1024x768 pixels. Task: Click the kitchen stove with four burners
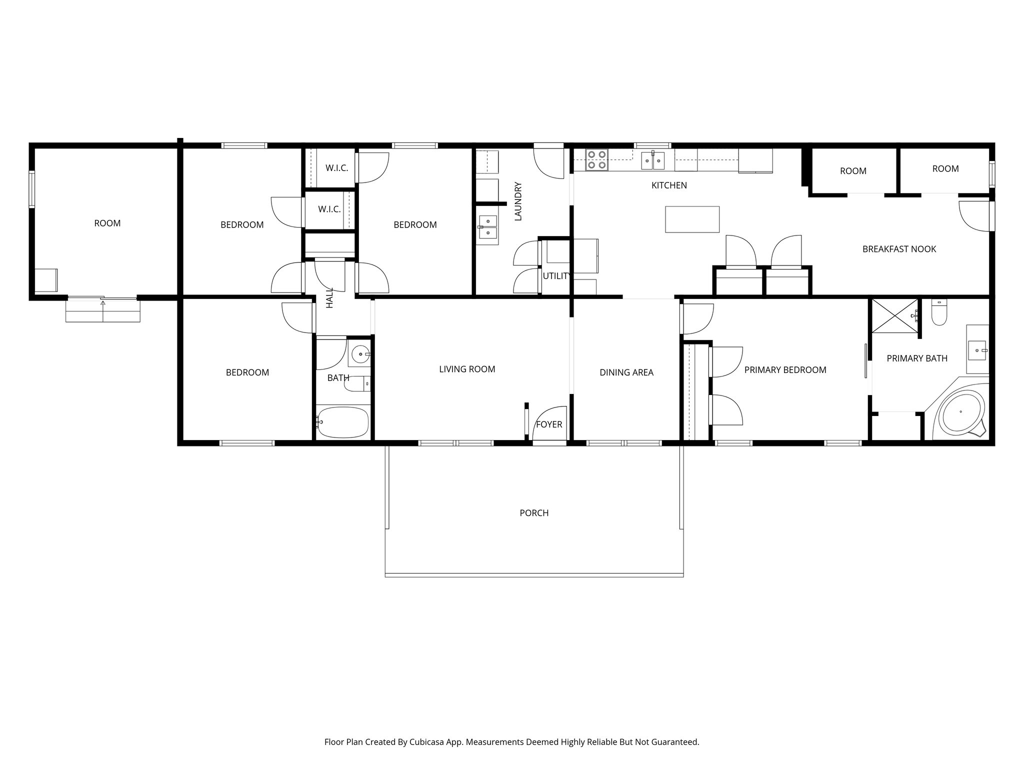(x=596, y=159)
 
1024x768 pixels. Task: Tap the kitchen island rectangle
(x=692, y=219)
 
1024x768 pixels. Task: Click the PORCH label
(x=534, y=513)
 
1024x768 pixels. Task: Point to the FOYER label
(x=549, y=424)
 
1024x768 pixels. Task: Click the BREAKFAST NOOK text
(x=899, y=249)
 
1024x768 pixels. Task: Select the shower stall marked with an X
(x=894, y=315)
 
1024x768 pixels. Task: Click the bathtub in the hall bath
(x=343, y=422)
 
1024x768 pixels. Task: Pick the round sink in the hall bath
(x=359, y=354)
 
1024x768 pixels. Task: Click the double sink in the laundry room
(x=487, y=227)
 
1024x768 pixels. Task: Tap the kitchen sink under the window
(x=653, y=160)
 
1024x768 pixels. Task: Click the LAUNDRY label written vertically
(x=518, y=201)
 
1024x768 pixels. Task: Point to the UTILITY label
(x=556, y=276)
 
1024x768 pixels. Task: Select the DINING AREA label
(x=626, y=372)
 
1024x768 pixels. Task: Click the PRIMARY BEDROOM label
(x=785, y=370)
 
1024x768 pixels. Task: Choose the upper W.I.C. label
(x=336, y=168)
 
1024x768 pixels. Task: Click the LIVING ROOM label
(x=467, y=369)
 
